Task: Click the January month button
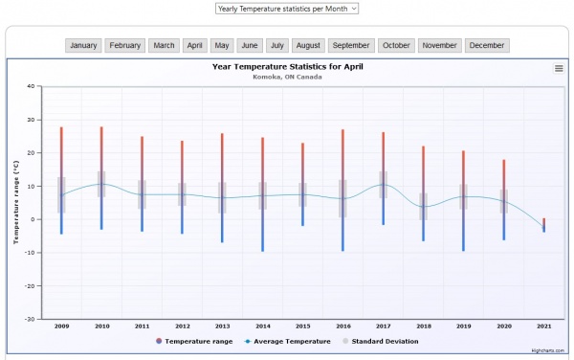click(x=83, y=45)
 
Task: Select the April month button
click(x=195, y=45)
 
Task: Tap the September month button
click(x=351, y=45)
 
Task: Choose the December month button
click(x=487, y=45)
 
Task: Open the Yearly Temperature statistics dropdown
click(x=287, y=8)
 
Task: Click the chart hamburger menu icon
click(x=559, y=68)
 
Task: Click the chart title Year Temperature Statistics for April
click(x=287, y=67)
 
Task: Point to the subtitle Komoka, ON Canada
click(x=287, y=77)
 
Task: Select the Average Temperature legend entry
click(x=287, y=341)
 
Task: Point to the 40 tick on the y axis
click(x=31, y=86)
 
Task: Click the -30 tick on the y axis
click(x=30, y=319)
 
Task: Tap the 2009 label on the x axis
click(x=61, y=326)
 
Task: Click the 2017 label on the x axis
click(x=384, y=326)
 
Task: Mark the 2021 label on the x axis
click(x=544, y=326)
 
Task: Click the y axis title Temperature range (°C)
click(x=15, y=202)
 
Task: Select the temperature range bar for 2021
click(x=544, y=225)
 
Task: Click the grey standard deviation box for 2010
click(x=101, y=184)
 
